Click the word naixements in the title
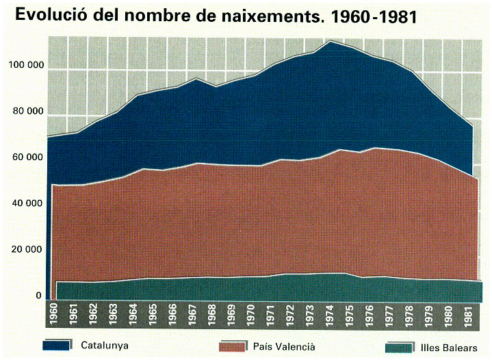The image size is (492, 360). point(272,16)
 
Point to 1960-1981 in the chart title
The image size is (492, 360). point(374,17)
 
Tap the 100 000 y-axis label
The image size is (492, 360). point(27,65)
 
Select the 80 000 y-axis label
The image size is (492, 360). point(28,111)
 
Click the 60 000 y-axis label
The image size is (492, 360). point(27,157)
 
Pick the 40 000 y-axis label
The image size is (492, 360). point(27,203)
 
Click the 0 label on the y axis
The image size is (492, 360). point(38,296)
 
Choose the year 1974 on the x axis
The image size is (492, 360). point(330,315)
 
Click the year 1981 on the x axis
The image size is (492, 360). point(468,315)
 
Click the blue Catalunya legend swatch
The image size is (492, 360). point(57,345)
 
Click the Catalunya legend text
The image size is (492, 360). point(105,346)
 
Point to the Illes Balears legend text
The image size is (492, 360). point(449,348)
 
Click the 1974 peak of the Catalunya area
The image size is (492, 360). point(330,40)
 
